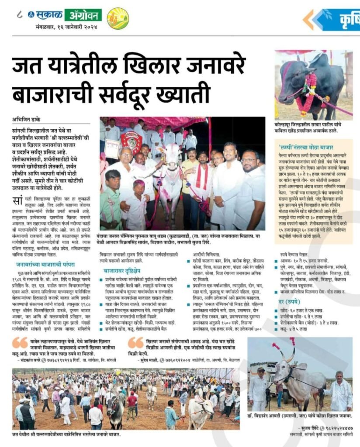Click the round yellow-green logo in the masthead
[x=118, y=18]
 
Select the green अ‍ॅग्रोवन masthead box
[x=83, y=15]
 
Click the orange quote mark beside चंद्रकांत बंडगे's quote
[x=20, y=342]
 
